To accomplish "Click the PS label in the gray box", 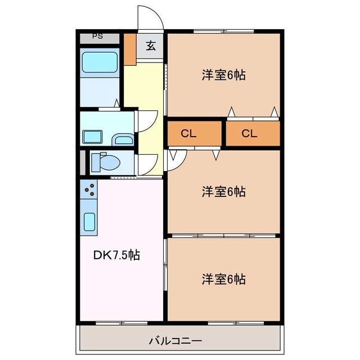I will (x=98, y=37).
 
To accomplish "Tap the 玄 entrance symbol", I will (x=151, y=46).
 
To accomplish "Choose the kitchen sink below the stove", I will (x=90, y=221).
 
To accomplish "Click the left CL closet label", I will (x=188, y=134).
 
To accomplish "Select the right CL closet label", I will (x=249, y=134).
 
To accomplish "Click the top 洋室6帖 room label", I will (x=224, y=75).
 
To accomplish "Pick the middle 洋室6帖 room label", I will (x=224, y=192).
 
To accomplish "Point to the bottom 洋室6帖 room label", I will (x=224, y=278).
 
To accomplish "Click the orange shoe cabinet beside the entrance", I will (x=130, y=49).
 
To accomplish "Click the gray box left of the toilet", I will (x=83, y=162).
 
